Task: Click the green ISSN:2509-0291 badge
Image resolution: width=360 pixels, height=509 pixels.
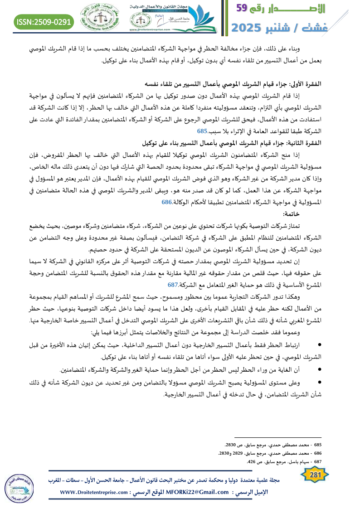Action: (x=44, y=21)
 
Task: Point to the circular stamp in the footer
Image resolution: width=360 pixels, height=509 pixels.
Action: (x=17, y=487)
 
